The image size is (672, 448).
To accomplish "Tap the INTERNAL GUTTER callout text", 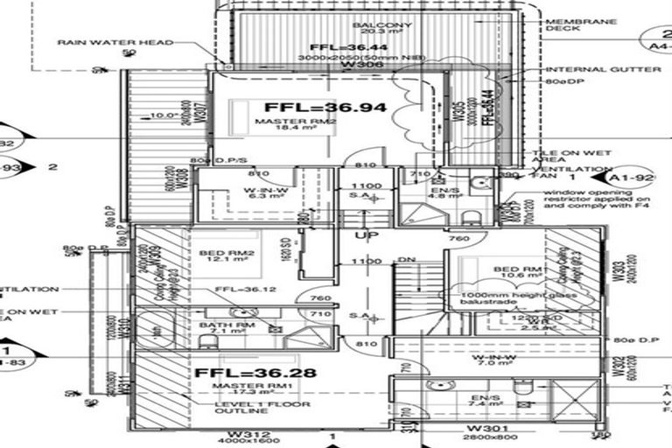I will pyautogui.click(x=586, y=69).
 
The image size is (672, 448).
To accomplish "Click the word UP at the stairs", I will pyautogui.click(x=360, y=235).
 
